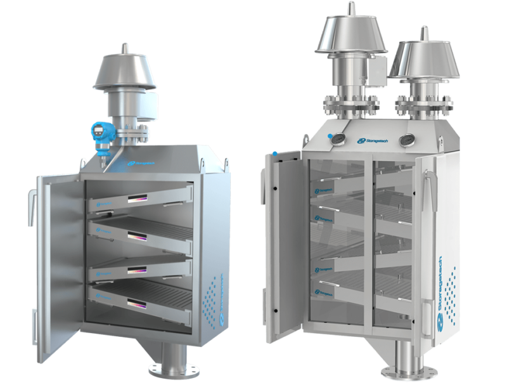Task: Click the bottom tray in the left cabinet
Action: [x=141, y=297]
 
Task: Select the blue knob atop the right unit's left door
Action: [x=274, y=153]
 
